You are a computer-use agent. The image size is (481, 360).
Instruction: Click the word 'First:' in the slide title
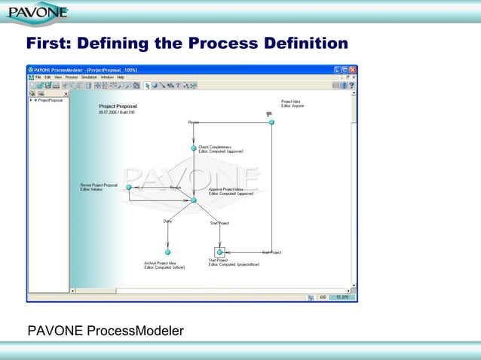[50, 43]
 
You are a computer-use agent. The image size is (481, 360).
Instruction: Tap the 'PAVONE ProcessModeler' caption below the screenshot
[105, 331]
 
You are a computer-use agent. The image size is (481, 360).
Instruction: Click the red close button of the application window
[352, 69]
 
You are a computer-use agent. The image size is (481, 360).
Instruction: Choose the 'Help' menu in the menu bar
[121, 77]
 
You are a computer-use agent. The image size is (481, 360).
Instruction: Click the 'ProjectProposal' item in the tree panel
[50, 100]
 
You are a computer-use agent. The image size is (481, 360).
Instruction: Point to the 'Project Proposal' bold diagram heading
[118, 106]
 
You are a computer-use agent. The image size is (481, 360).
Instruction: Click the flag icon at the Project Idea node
[268, 114]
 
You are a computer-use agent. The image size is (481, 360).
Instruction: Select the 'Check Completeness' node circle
[194, 148]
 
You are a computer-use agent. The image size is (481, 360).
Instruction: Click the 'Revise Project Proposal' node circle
[129, 188]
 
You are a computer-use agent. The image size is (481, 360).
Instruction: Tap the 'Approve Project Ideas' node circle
[194, 200]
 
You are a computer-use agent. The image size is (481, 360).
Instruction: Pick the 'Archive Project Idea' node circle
[167, 252]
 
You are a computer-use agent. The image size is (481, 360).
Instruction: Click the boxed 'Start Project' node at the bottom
[219, 252]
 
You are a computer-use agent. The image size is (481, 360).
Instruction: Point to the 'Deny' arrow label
[167, 221]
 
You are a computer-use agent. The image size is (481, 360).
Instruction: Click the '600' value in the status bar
[323, 297]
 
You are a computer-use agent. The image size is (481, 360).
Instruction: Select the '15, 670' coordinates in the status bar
[342, 297]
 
